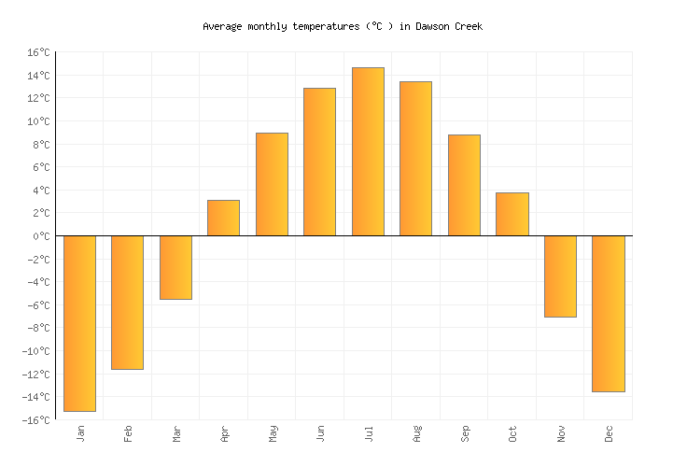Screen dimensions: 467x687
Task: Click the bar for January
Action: tap(79, 323)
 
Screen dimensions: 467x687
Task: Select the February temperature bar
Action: tap(127, 303)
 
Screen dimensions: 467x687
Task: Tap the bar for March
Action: tap(175, 267)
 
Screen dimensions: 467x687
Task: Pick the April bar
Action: tap(223, 218)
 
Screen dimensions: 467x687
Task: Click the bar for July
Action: tap(368, 151)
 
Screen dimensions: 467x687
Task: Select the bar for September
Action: tap(464, 185)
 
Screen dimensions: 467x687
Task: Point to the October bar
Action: tap(512, 214)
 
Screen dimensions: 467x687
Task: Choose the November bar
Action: tap(560, 276)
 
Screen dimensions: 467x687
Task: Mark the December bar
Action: tap(608, 314)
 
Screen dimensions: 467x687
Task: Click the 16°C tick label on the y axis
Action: tap(37, 52)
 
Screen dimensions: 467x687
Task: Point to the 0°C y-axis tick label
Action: tap(40, 236)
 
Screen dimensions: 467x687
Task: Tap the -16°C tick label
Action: tap(35, 420)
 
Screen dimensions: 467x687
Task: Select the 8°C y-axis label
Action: tap(40, 145)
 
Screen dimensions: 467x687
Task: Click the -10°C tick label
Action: tap(35, 351)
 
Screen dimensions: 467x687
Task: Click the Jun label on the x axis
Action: tap(320, 433)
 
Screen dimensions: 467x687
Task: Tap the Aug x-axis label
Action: tap(416, 433)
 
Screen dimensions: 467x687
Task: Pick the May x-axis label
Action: tap(272, 433)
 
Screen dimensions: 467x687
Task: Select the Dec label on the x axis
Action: tap(609, 433)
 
